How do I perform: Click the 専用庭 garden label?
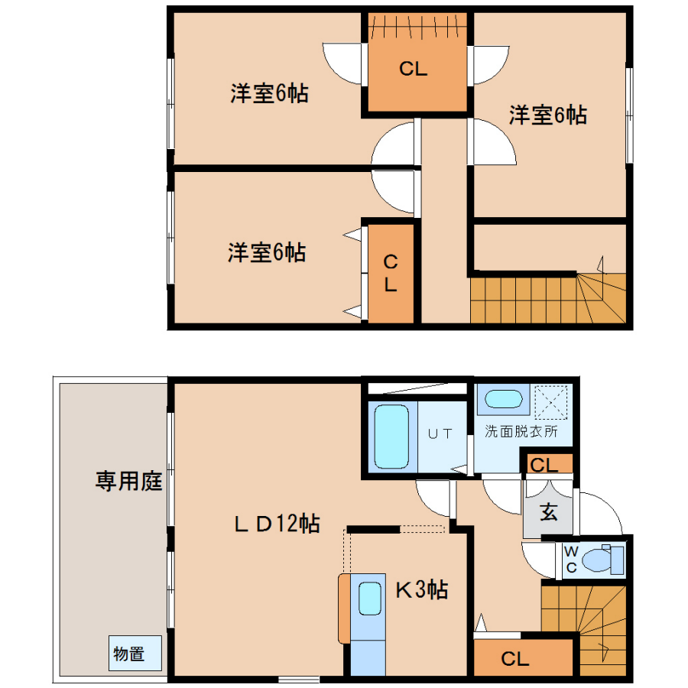point(129,481)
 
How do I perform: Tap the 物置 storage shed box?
point(135,653)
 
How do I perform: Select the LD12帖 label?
point(277,524)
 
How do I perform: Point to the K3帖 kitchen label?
point(422,589)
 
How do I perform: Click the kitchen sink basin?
point(370,599)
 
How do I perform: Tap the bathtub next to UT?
point(391,436)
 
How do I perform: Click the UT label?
point(440,434)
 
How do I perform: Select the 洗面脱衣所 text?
point(521,431)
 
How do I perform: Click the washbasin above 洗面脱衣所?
point(503,399)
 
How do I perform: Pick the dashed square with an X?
point(551,402)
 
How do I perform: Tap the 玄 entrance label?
point(548,512)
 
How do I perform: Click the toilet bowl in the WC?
point(597,560)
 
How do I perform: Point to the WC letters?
point(571,560)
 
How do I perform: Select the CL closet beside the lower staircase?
point(524,657)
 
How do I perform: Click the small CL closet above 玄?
point(547,464)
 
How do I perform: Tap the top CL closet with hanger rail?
point(417,63)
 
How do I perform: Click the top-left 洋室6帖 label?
point(269,93)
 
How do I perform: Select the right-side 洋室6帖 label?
point(548,115)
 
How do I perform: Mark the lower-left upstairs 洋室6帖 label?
point(267,253)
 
